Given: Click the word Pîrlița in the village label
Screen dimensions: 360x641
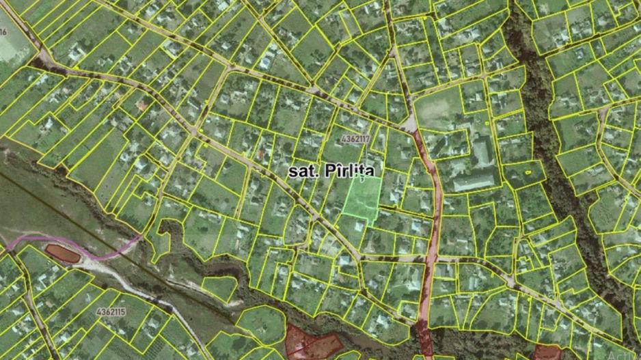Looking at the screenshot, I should click(351, 169).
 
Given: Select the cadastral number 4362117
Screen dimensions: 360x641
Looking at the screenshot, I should click(355, 139).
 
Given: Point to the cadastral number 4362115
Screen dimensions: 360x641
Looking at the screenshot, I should click(111, 311).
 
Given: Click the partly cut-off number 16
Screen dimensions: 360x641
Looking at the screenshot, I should click(3, 32).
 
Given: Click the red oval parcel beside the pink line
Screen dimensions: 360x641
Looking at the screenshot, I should click(63, 253).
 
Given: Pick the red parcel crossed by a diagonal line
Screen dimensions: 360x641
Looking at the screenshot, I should click(308, 342).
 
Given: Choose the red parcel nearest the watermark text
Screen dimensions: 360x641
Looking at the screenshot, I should click(547, 352).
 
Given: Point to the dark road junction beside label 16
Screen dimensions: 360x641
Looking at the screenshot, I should click(42, 60).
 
